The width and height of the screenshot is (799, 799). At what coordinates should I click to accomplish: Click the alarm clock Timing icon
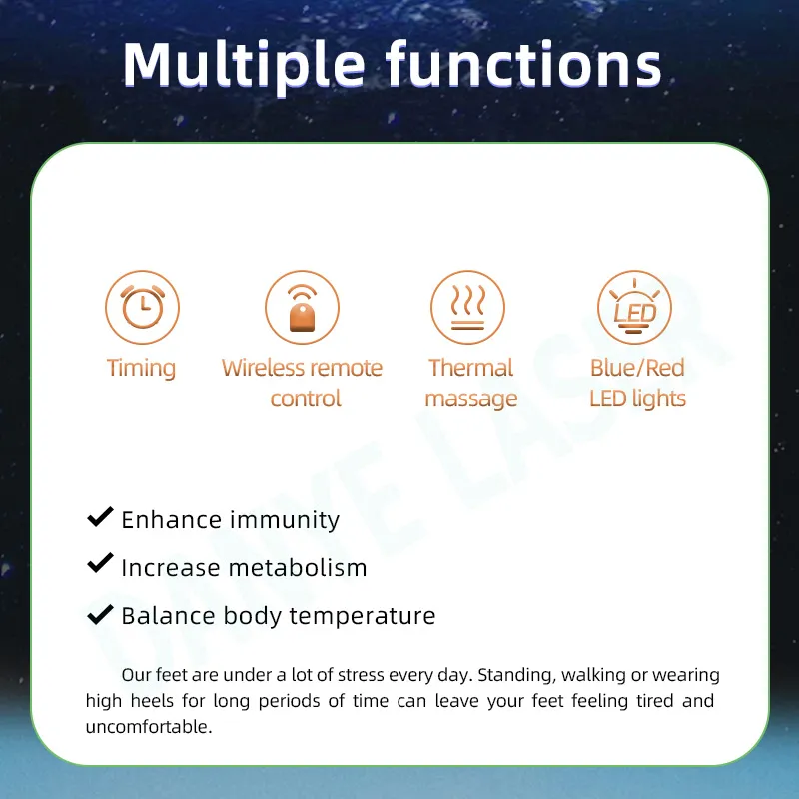pyautogui.click(x=142, y=308)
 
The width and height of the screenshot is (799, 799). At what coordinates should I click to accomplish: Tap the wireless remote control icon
pyautogui.click(x=302, y=308)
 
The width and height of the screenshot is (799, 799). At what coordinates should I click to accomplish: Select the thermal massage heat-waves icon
pyautogui.click(x=467, y=308)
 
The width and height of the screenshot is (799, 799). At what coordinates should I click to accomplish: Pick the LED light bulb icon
pyautogui.click(x=634, y=308)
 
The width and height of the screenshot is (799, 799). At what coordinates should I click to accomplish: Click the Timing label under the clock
pyautogui.click(x=141, y=368)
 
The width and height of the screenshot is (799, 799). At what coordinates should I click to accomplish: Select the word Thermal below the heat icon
pyautogui.click(x=470, y=368)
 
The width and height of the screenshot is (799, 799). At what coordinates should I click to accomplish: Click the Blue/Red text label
pyautogui.click(x=637, y=368)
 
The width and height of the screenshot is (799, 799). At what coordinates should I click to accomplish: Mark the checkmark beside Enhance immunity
pyautogui.click(x=100, y=517)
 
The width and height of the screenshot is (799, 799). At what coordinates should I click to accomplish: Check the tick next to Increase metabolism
pyautogui.click(x=100, y=564)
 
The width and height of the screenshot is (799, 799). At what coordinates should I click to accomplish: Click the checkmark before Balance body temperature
pyautogui.click(x=100, y=612)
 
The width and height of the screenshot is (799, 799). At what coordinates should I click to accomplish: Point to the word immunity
pyautogui.click(x=285, y=520)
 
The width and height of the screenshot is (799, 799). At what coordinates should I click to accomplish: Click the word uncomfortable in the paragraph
pyautogui.click(x=149, y=726)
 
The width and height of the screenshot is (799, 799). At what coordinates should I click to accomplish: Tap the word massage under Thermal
pyautogui.click(x=471, y=399)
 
